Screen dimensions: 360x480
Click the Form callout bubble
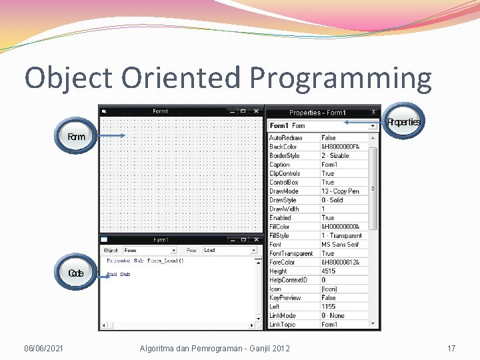[x=77, y=137]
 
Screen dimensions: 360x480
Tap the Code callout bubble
[x=76, y=273]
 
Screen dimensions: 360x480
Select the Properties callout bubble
[x=403, y=122]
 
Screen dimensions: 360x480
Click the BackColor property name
[x=283, y=147]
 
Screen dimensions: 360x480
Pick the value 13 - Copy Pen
[x=340, y=191]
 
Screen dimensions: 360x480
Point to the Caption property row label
[x=279, y=165]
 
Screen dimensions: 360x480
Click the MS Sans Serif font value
[x=341, y=245]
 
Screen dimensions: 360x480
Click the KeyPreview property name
[x=285, y=298]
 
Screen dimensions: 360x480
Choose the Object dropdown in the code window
[x=149, y=250]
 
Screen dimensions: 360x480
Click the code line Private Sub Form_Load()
[x=145, y=261]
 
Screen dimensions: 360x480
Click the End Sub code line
[x=119, y=274]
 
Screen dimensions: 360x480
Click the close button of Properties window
[x=373, y=112]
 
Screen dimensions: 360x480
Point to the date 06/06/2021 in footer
[x=43, y=348]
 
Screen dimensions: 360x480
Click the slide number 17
[x=451, y=348]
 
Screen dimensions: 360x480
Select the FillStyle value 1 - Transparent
[x=341, y=235]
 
